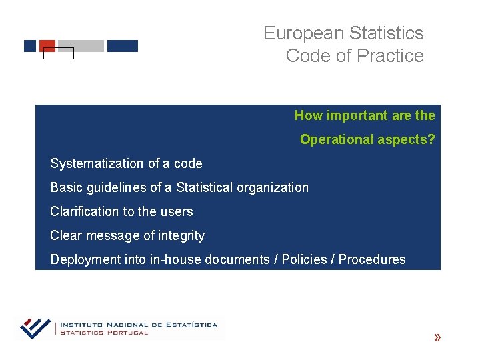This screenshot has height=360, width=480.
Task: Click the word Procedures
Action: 372,259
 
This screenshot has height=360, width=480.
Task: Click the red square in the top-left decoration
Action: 47,45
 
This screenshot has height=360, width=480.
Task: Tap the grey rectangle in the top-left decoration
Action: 81,46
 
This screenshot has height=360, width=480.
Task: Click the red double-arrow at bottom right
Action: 437,338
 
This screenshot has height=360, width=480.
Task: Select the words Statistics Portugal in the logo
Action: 104,333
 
